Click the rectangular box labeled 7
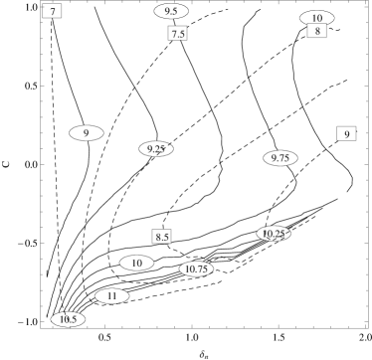[x=52, y=11]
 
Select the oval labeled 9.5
[x=171, y=11]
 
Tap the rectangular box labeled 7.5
[x=178, y=34]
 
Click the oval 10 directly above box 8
[x=317, y=18]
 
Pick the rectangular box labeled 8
[x=317, y=31]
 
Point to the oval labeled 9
[x=87, y=133]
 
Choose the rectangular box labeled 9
[x=346, y=134]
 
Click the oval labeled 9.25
[x=156, y=149]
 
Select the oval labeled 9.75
[x=281, y=158]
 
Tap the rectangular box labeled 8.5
[x=162, y=237]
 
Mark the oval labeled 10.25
[x=274, y=234]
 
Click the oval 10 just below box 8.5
[x=137, y=263]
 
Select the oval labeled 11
[x=112, y=296]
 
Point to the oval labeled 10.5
[x=69, y=319]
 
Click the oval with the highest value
[x=112, y=296]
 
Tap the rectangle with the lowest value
[x=52, y=11]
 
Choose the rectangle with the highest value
[x=346, y=134]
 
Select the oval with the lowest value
[x=87, y=133]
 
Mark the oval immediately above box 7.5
[x=171, y=11]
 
